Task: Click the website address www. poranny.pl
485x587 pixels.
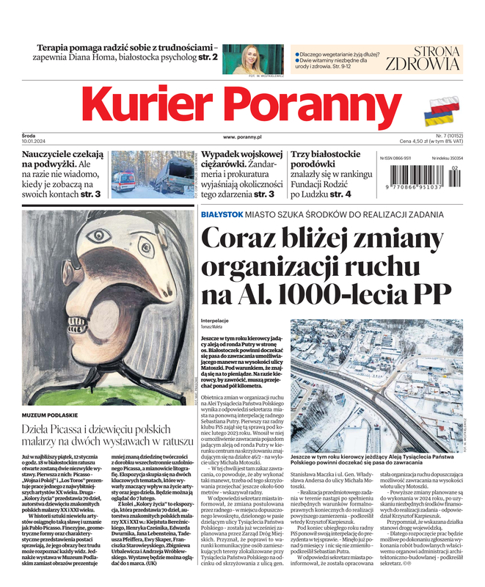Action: [x=243, y=136]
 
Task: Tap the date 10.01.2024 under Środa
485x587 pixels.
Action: [x=35, y=142]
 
